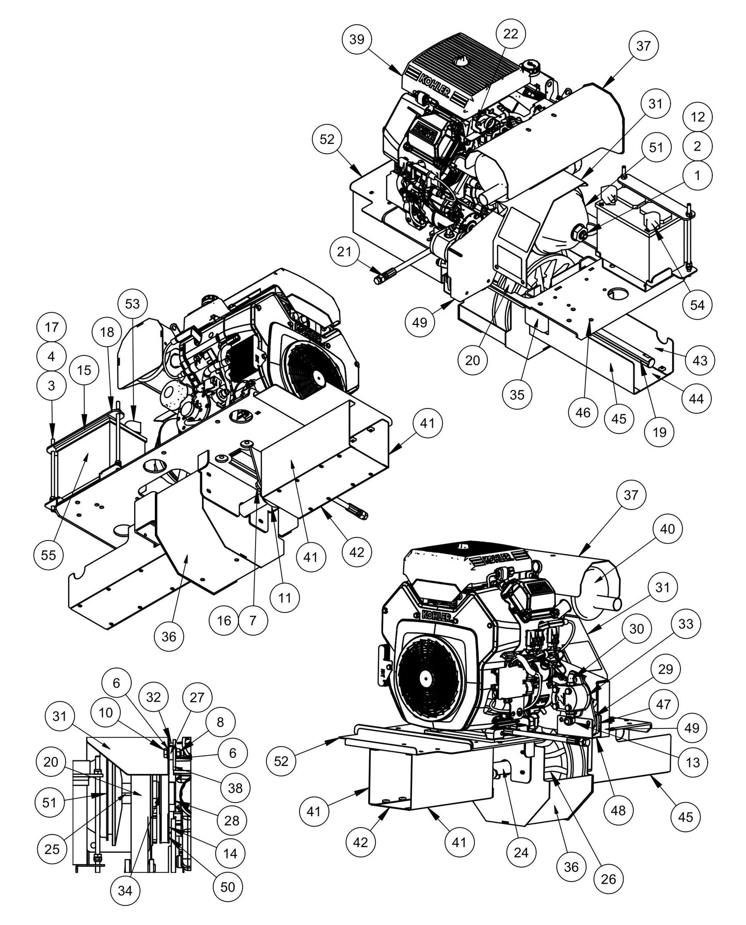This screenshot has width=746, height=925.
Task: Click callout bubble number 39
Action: point(357,40)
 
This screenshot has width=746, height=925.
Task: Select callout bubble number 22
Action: point(510,34)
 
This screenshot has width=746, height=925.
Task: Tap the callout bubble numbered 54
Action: point(697,304)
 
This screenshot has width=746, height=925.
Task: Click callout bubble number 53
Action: point(133,304)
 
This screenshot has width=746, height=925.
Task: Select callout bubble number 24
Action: point(521,852)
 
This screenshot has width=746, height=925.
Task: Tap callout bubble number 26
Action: point(609,879)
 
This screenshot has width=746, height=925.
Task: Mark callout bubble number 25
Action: point(52,848)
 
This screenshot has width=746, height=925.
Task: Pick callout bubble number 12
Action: point(697,117)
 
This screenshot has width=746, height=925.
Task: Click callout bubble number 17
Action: point(52,328)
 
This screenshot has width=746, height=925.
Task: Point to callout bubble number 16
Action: point(224,620)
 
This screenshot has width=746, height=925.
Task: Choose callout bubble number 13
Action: point(693,762)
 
